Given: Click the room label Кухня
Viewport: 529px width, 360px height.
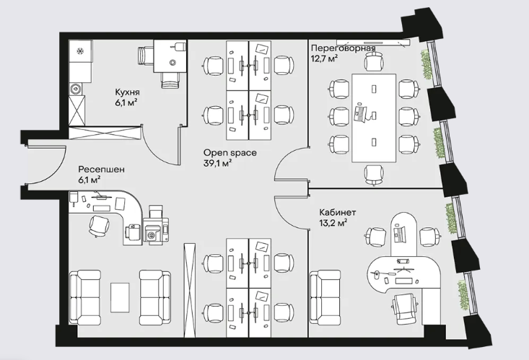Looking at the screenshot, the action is coord(128,92).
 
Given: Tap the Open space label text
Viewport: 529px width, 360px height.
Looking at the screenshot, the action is coord(229,153).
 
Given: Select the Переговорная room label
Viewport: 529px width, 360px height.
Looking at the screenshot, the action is coord(343,48).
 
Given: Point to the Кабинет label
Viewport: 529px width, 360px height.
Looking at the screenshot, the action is coord(337,213).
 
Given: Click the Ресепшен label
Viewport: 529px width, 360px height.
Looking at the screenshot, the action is coord(101,170).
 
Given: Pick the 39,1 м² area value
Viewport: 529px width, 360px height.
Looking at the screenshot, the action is coord(218,163).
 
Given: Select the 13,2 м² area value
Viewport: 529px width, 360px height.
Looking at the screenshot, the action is coord(333,223).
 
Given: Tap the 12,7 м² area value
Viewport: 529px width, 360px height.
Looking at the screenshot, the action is coord(324,58).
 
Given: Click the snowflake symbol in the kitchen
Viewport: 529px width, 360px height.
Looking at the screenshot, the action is coord(81,51).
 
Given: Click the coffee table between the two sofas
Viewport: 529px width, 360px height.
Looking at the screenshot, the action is coord(120,297).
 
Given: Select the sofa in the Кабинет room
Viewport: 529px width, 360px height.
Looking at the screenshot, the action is coord(325,297).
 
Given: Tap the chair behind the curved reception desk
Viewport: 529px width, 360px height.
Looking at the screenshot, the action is coord(99,225).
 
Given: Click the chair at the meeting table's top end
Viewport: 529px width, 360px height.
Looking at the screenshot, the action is coord(374,62).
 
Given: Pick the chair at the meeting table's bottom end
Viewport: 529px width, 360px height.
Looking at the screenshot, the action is coord(374,175).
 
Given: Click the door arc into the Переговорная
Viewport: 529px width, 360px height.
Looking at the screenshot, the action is coord(280,162).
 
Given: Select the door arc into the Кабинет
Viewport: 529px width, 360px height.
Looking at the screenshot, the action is coord(284,216).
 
